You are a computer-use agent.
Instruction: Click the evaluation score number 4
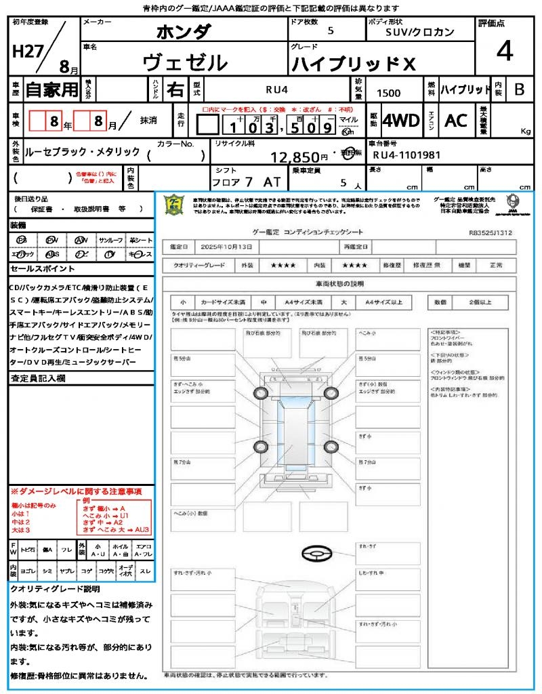(504, 52)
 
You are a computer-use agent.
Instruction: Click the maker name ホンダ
(184, 32)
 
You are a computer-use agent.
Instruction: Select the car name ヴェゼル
(185, 63)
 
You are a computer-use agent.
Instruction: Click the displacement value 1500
(388, 94)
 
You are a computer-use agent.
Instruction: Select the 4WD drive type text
(401, 121)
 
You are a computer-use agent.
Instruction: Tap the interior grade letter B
(519, 89)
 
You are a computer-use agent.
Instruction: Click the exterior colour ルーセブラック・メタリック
(82, 152)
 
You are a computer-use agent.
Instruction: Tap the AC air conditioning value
(456, 121)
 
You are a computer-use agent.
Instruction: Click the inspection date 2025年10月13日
(230, 246)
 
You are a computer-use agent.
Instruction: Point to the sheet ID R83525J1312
(491, 232)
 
